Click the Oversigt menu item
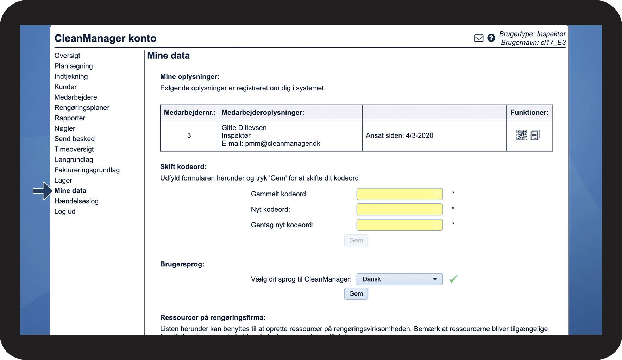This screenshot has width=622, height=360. (67, 56)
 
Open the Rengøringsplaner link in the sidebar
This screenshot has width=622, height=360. (82, 108)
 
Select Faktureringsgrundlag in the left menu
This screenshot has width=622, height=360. (87, 170)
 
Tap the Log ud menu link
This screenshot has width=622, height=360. (65, 211)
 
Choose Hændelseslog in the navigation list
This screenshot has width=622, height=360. (76, 201)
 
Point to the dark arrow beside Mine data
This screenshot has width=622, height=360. (43, 191)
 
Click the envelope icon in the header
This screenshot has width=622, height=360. (479, 38)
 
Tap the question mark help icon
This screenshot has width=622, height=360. (491, 38)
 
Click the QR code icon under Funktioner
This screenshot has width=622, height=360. (521, 135)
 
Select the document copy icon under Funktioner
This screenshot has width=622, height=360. (535, 135)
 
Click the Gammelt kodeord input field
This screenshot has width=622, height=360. (400, 194)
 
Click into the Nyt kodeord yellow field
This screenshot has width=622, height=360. (400, 209)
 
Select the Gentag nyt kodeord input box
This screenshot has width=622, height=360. (400, 225)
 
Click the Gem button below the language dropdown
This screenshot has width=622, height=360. (356, 294)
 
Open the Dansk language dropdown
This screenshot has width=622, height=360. (400, 279)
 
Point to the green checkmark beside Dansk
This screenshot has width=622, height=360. (453, 279)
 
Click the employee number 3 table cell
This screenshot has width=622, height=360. (189, 135)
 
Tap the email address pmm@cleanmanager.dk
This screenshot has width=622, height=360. (282, 144)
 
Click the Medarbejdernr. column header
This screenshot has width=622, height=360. (189, 113)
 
